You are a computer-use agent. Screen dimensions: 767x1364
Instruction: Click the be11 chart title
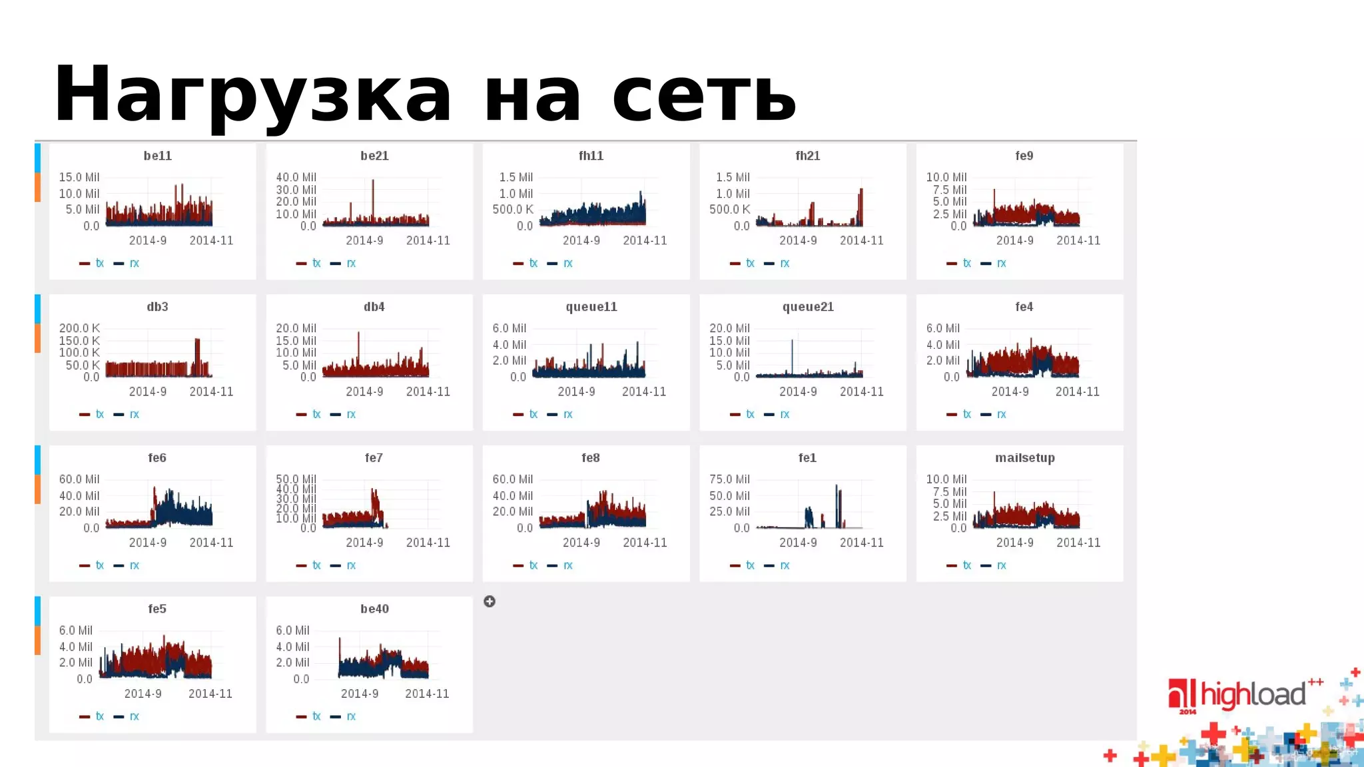click(x=158, y=156)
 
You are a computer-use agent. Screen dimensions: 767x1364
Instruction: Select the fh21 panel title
click(x=807, y=156)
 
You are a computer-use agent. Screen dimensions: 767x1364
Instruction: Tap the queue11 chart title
click(x=591, y=307)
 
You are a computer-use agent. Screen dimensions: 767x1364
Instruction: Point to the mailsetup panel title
click(x=1024, y=458)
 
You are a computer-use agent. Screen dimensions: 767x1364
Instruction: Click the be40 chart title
click(x=374, y=609)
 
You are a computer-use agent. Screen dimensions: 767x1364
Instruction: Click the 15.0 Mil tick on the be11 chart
click(x=79, y=177)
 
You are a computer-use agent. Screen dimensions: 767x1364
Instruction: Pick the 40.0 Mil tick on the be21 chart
click(x=296, y=177)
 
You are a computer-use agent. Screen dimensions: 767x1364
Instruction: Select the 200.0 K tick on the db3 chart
click(x=79, y=328)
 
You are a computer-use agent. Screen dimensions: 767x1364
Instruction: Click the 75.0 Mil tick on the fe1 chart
click(x=729, y=479)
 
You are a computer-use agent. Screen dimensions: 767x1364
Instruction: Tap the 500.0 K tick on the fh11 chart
click(x=512, y=209)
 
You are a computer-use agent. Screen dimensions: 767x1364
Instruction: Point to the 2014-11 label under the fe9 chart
click(x=1078, y=240)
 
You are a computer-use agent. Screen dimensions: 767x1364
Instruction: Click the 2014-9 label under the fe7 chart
click(x=364, y=543)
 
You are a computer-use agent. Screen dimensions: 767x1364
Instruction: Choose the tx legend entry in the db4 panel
click(x=316, y=414)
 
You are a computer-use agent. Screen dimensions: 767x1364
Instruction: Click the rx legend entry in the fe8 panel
click(x=567, y=565)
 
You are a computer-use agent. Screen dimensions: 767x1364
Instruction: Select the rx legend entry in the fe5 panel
click(x=134, y=716)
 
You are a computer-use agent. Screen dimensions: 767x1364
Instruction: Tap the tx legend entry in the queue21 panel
click(x=750, y=414)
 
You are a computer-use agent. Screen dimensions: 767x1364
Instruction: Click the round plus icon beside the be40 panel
click(x=490, y=601)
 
